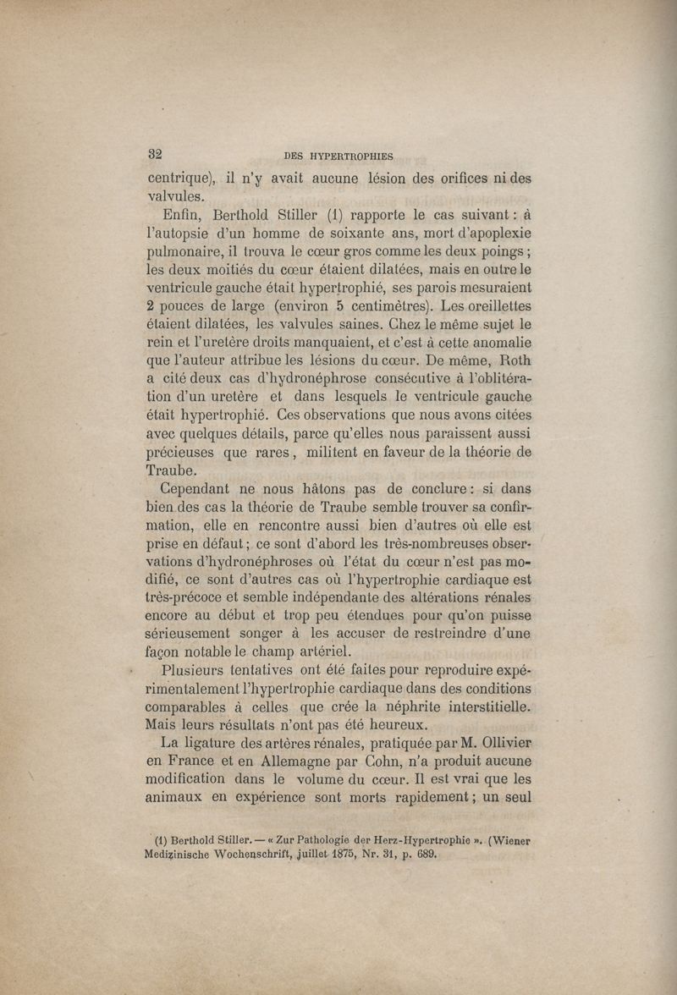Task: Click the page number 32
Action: tap(155, 154)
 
